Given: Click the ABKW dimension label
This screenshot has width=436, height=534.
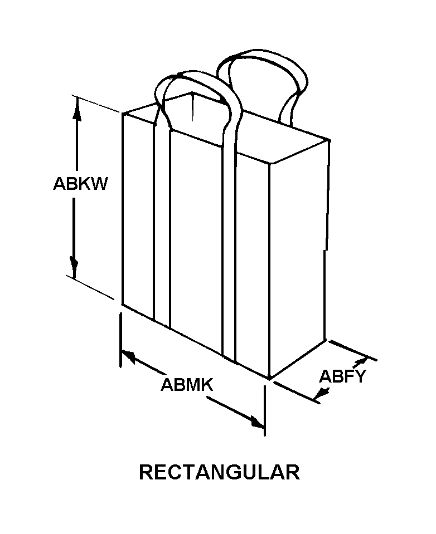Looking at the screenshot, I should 80,184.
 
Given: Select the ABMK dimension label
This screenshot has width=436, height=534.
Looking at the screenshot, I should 188,385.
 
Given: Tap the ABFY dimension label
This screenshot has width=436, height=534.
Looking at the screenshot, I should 342,377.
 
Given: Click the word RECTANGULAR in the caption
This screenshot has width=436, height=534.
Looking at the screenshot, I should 219,472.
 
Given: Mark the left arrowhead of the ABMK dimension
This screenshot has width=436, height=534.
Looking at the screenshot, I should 128,356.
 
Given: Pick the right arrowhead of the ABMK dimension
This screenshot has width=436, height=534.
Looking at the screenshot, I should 257,423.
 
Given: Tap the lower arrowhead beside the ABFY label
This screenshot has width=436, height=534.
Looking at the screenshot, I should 321,394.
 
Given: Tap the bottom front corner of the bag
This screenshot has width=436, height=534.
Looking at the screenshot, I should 270,378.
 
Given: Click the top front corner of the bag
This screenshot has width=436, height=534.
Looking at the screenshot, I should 270,163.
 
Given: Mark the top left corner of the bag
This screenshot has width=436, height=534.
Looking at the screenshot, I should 124,113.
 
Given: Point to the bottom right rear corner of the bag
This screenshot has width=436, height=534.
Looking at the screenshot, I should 325,339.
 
